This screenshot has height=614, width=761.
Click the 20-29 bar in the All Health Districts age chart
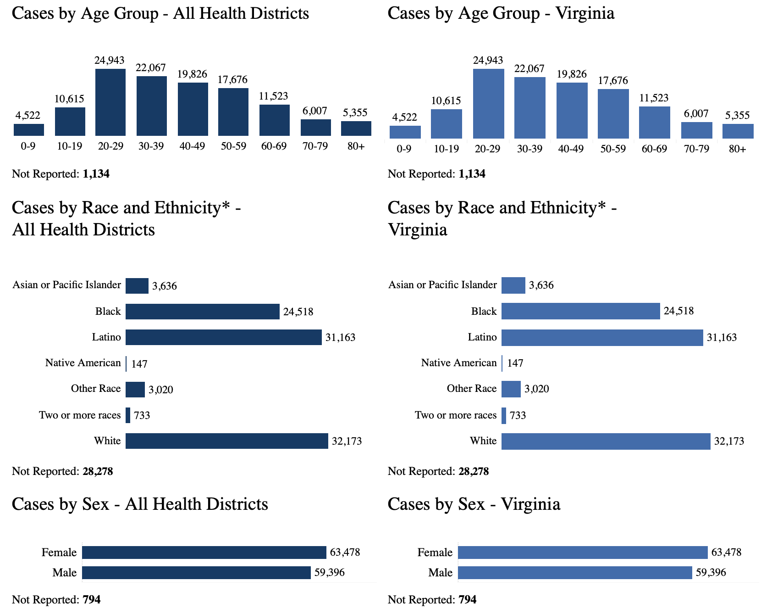(110, 102)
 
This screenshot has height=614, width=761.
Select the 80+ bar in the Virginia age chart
(738, 131)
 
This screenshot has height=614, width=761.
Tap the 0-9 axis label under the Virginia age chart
(404, 149)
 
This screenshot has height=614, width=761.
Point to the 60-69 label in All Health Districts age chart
(274, 146)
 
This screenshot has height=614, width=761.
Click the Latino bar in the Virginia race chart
(602, 338)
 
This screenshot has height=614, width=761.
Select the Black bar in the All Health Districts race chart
(202, 312)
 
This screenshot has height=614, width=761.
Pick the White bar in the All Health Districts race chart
(226, 441)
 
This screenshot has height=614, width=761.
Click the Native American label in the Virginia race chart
(459, 363)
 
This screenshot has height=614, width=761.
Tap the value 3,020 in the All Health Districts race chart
(161, 390)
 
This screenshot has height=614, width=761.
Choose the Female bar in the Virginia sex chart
(583, 553)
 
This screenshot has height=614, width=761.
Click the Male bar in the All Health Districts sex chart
(196, 573)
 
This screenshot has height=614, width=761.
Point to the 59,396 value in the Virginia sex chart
(711, 573)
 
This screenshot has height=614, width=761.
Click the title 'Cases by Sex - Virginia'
(474, 504)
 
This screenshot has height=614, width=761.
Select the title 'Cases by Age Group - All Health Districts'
(160, 13)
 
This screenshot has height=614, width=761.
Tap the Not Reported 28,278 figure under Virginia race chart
(474, 472)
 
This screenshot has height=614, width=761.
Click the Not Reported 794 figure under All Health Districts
(92, 600)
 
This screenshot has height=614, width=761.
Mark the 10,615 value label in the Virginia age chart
(446, 101)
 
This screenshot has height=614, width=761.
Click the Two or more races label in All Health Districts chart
(80, 415)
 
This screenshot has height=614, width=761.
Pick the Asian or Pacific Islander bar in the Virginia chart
(513, 285)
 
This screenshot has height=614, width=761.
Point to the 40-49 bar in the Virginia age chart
(572, 111)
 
